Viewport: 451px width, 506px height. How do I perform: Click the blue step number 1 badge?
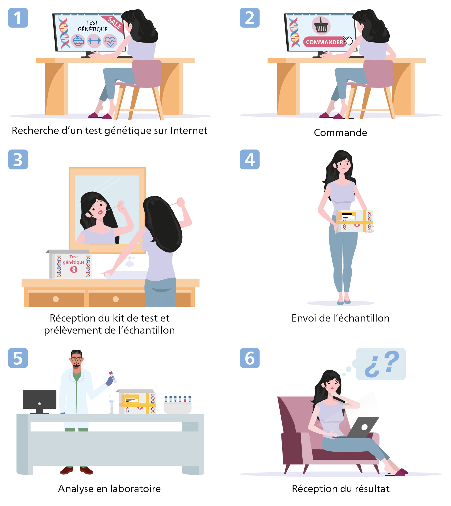click(18, 18)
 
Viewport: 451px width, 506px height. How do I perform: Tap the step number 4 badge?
click(250, 159)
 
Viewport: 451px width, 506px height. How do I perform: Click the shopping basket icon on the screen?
click(321, 26)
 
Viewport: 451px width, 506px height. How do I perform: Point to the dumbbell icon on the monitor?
click(94, 41)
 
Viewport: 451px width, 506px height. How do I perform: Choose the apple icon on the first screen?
click(78, 41)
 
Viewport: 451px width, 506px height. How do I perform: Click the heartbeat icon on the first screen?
click(110, 41)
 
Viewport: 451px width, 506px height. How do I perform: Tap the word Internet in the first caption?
click(189, 131)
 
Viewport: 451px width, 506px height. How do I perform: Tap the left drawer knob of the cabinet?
click(56, 299)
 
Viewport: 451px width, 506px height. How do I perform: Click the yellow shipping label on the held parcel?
click(347, 216)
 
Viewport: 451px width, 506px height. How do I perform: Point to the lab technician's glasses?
click(76, 359)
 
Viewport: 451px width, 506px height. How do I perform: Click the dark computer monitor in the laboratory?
click(40, 399)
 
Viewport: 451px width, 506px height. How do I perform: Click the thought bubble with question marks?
click(381, 364)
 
